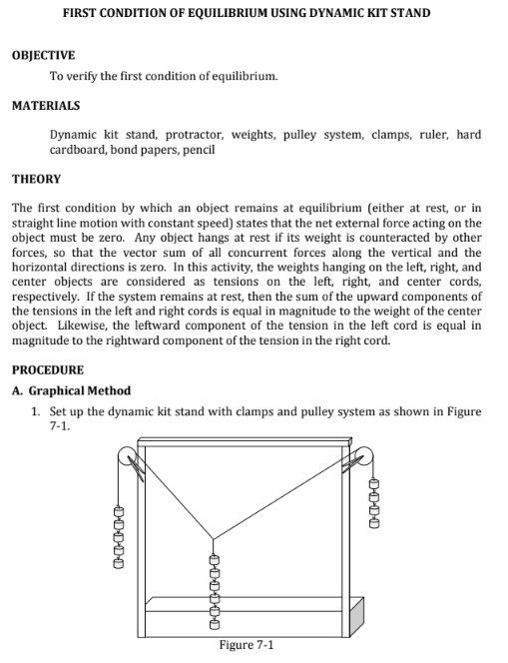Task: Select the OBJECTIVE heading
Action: pos(43,55)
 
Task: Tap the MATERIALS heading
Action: pos(46,104)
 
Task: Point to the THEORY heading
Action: pos(36,179)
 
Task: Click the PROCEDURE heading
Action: pos(47,369)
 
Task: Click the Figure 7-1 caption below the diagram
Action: pos(247,645)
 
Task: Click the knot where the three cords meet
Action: pos(214,539)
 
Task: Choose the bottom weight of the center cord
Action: pos(214,625)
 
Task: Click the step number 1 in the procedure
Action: pos(35,411)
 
